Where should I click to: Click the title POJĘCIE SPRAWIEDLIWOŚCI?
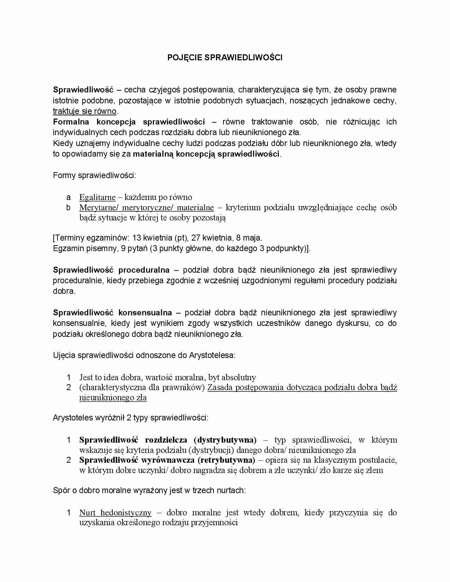coord(225,57)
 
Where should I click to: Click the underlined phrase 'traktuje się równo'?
coord(85,111)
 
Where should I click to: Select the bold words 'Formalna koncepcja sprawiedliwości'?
coord(128,122)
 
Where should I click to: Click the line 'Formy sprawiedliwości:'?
coord(94,175)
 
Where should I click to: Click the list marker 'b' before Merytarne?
coord(68,207)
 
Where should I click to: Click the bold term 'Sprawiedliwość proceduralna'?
coord(111,270)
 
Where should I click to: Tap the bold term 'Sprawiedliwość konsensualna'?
coord(112,313)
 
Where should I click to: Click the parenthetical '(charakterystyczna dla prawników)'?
coord(142,387)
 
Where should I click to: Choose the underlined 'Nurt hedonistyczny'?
coord(115,513)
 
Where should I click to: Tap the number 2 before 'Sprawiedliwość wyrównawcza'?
coord(69,460)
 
